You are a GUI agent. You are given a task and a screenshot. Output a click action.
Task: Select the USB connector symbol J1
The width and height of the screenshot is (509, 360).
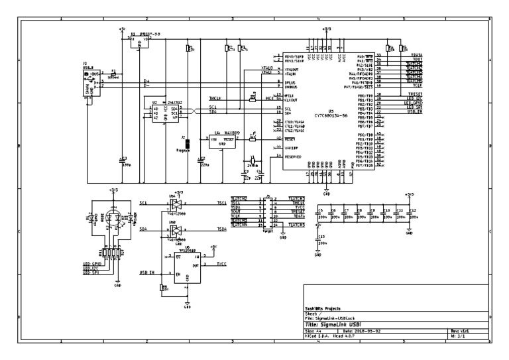(87, 84)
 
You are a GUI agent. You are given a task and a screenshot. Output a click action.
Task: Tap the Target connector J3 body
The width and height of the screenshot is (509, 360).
(267, 212)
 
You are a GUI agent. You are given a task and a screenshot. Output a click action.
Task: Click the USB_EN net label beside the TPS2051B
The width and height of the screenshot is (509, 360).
(146, 272)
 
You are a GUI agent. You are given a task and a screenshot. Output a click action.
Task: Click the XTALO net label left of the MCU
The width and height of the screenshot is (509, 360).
(267, 68)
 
